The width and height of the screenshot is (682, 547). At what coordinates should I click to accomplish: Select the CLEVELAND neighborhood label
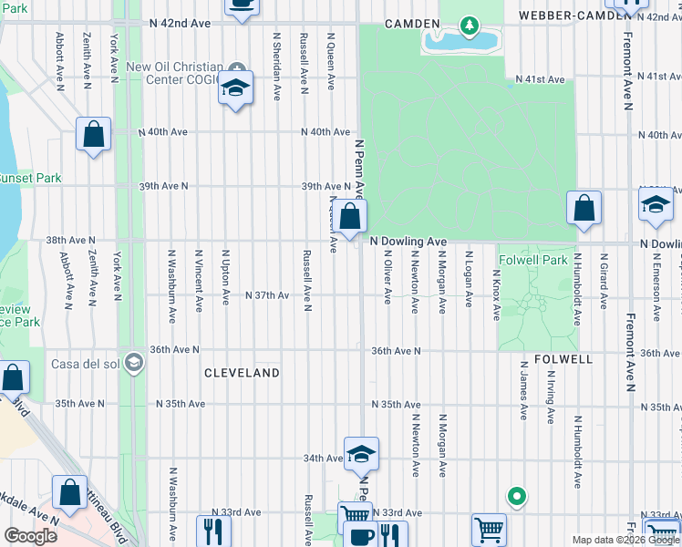pos(242,373)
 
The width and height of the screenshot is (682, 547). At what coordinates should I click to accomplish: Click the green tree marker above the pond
pos(469,26)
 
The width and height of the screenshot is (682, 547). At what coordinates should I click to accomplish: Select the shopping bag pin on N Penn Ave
pos(349,217)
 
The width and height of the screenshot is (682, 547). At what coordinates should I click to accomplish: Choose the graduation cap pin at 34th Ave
pos(361,453)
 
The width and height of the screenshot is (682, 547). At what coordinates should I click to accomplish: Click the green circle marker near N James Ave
pos(516,497)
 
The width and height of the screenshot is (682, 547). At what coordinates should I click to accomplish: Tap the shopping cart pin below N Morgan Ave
pos(489,529)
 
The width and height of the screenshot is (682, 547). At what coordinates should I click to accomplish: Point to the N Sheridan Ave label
pos(276,67)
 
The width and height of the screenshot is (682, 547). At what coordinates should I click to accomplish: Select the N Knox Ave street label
pos(496,294)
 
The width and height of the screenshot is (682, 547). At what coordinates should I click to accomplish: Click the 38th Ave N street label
pos(70,241)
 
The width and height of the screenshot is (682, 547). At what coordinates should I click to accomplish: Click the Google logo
pos(30,536)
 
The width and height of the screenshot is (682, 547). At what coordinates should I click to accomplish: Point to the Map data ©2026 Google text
pos(625,540)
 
